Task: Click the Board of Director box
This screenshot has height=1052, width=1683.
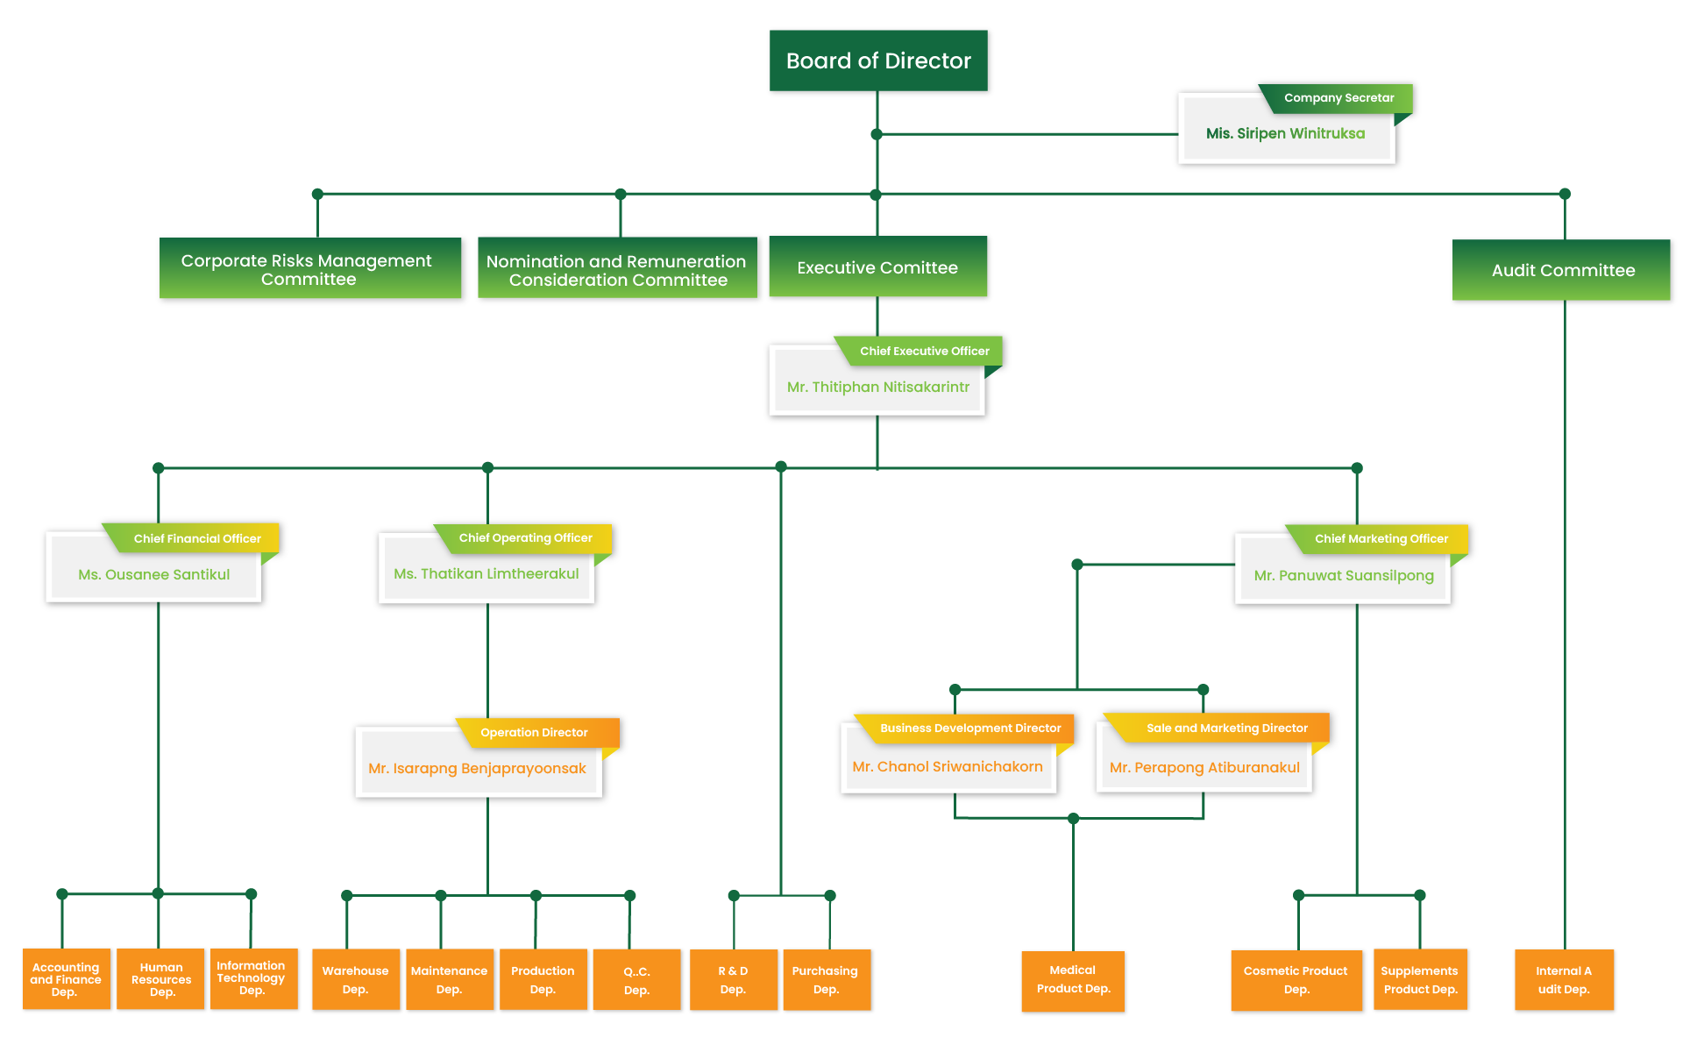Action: coord(878,61)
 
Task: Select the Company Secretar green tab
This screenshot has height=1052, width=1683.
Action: coord(1339,98)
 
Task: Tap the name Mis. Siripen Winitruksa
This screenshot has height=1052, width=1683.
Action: coord(1285,134)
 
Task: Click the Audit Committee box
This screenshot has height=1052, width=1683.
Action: coord(1563,271)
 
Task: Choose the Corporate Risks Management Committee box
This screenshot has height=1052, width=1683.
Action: coord(308,270)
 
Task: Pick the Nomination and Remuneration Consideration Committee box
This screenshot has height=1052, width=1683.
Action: coord(617,271)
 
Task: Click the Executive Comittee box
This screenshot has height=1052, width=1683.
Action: coord(877,268)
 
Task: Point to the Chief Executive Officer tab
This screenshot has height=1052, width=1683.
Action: coord(924,352)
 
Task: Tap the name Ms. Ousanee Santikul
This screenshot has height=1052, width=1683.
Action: coord(154,575)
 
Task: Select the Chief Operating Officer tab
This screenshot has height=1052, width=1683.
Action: coord(525,538)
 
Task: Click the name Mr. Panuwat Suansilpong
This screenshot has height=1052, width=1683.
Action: coord(1344,576)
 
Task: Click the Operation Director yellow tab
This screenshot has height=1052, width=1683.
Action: coord(534,733)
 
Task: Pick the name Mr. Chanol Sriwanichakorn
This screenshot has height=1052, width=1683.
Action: coord(948,767)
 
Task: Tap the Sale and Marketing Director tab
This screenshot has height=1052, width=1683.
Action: coord(1226,729)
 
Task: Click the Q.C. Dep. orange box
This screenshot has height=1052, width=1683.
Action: coord(637,981)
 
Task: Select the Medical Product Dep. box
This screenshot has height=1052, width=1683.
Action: coord(1073,980)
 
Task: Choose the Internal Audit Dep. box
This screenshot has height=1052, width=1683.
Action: coord(1564,981)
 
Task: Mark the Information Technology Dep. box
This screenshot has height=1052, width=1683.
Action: coord(252,978)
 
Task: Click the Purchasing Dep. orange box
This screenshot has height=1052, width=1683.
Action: coord(826,981)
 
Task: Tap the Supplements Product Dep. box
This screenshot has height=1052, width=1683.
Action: coord(1419,981)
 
